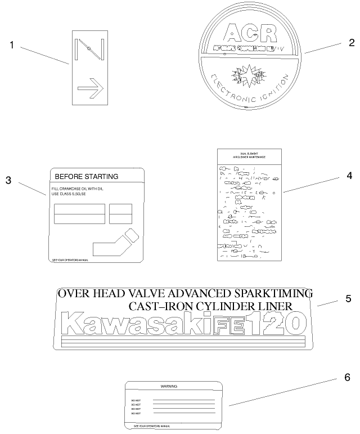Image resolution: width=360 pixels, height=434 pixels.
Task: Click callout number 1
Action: click(x=12, y=45)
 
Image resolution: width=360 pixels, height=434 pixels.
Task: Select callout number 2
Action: click(x=351, y=43)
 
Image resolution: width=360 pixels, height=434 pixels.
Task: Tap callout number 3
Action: click(x=8, y=180)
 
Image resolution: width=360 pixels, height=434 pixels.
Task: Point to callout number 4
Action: click(x=349, y=176)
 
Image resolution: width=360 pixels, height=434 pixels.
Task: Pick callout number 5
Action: click(x=348, y=298)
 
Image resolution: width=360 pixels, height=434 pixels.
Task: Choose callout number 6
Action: click(x=347, y=378)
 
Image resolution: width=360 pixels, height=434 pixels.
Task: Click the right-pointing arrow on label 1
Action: click(x=91, y=88)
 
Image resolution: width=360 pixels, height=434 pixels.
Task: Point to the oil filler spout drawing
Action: click(x=115, y=243)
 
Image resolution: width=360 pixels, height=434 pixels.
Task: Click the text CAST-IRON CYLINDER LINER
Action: click(x=210, y=306)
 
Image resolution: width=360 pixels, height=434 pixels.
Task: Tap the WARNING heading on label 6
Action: click(x=169, y=387)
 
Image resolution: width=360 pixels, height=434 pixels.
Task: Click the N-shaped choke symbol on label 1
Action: click(x=88, y=50)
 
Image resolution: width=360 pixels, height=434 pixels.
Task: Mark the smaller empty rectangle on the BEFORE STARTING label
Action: click(x=120, y=214)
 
